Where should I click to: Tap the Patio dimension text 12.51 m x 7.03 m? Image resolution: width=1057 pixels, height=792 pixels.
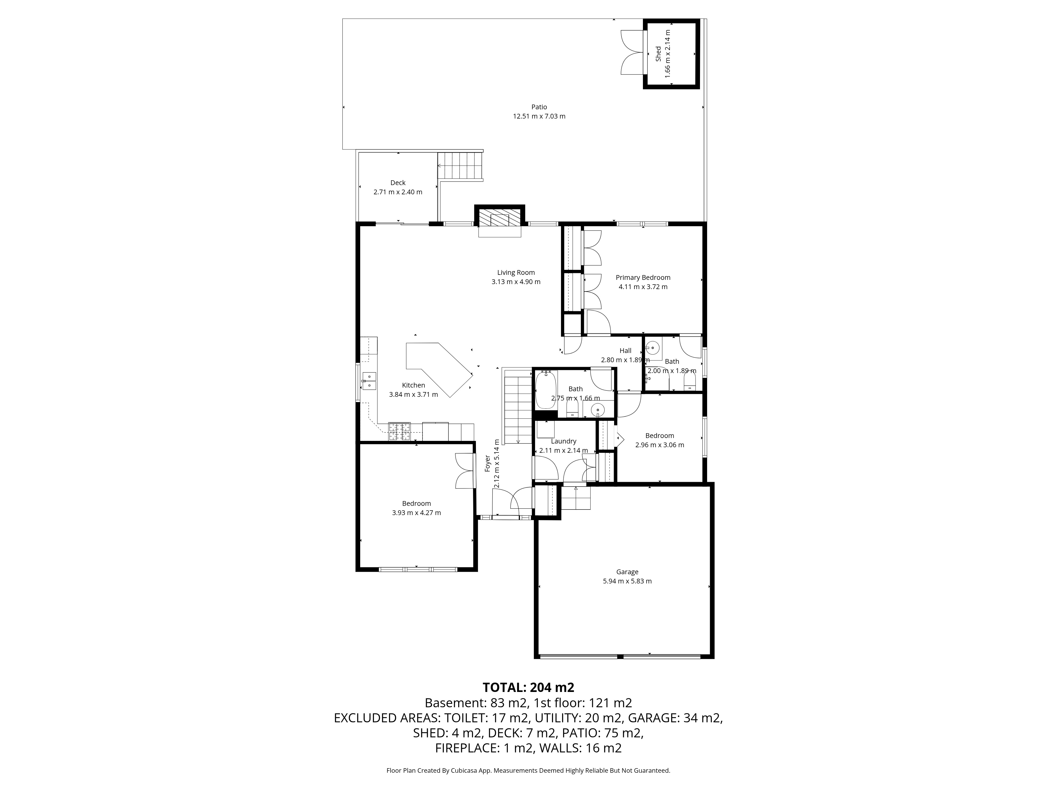pos(539,116)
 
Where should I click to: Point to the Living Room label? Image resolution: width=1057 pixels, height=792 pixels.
pos(516,273)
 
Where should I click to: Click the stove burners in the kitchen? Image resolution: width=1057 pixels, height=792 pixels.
pos(399,432)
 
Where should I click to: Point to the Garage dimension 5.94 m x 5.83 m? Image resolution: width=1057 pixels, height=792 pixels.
pos(627,581)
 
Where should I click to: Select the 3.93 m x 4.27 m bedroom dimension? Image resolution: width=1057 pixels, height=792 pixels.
pos(416,513)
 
